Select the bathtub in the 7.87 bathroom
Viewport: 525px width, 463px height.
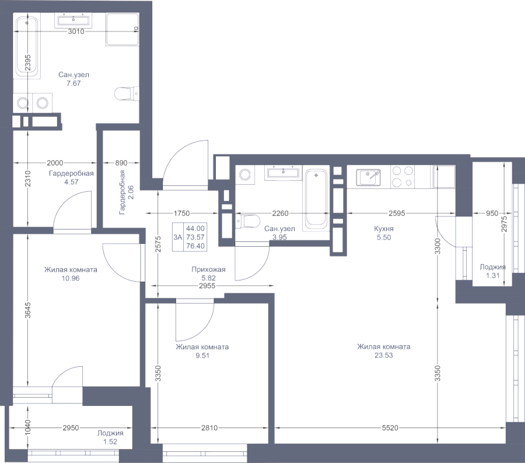tap(27, 48)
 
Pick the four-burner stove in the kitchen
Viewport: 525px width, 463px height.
tap(402, 176)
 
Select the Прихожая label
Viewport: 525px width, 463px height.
tap(208, 269)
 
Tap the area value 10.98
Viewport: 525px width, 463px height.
tap(70, 278)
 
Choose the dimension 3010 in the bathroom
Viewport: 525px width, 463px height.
tap(76, 32)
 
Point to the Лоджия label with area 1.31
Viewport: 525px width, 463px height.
tap(492, 267)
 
